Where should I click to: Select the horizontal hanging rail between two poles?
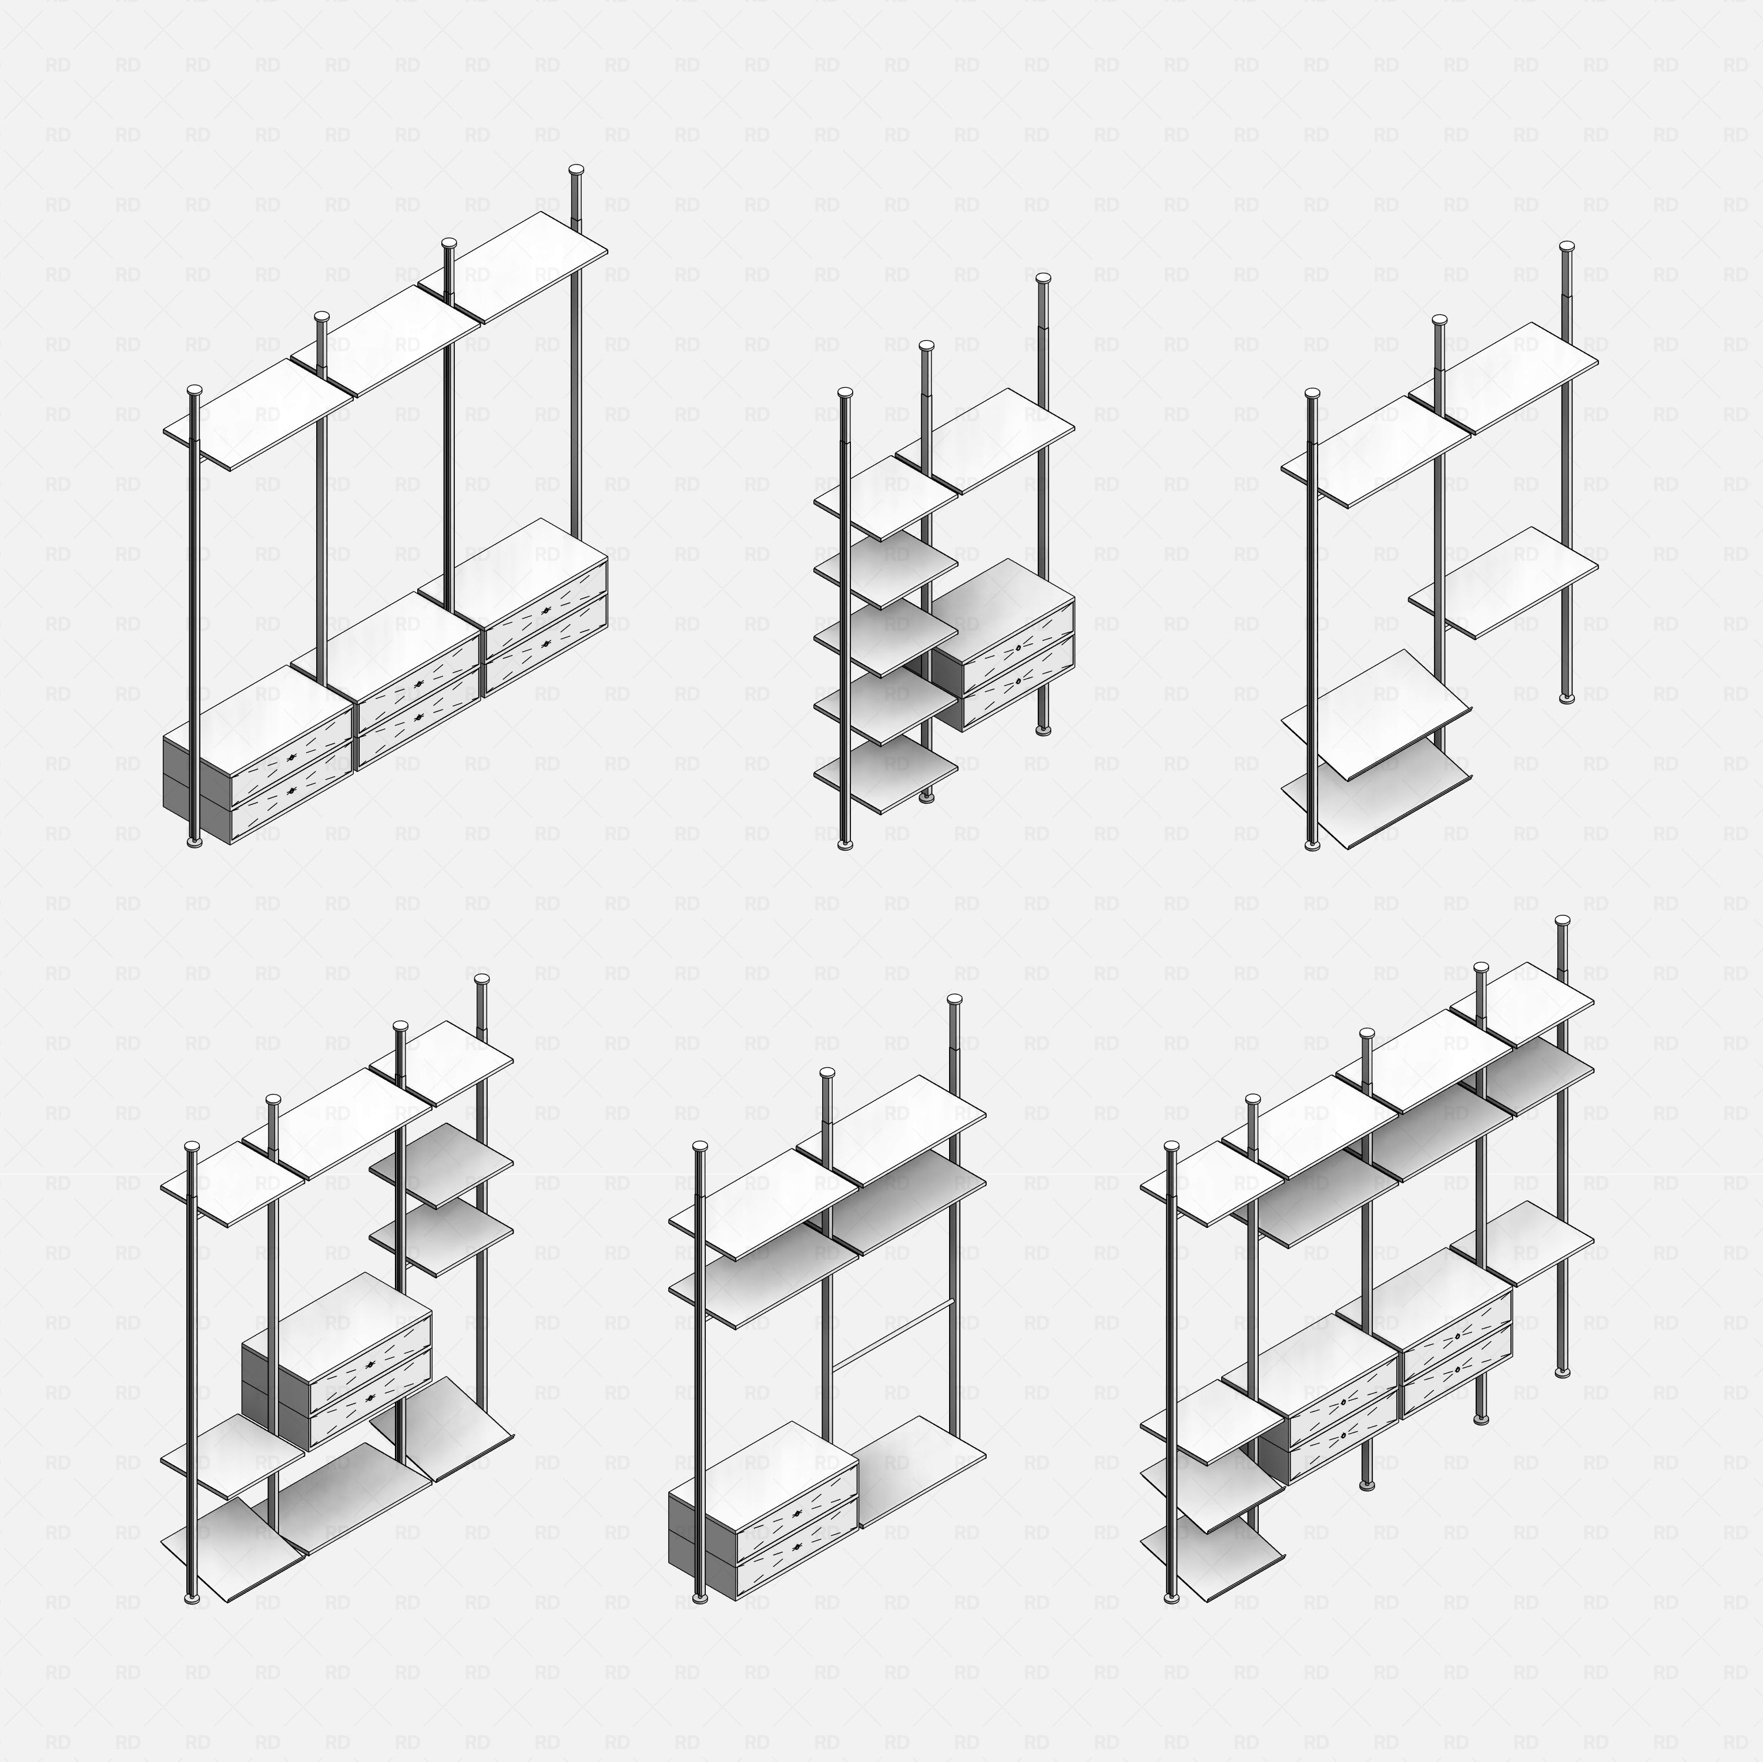(893, 1336)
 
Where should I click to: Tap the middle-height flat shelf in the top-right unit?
(1504, 581)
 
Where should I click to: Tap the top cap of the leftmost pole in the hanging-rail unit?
(700, 1146)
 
